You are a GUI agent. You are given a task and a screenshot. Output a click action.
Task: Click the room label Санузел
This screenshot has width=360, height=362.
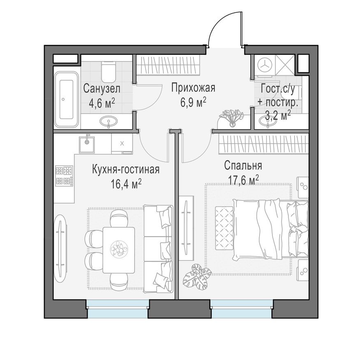point(102,88)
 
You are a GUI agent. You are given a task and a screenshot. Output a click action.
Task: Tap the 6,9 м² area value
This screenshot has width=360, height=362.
point(193,102)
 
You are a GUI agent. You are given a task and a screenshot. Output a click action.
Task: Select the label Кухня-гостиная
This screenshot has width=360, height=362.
point(125,169)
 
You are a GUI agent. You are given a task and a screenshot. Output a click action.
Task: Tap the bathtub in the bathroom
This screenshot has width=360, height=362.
point(66,98)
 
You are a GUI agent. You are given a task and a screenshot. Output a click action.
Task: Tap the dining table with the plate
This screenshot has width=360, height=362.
point(118,249)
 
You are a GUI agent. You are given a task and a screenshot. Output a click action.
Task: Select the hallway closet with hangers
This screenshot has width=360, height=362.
point(168,65)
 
